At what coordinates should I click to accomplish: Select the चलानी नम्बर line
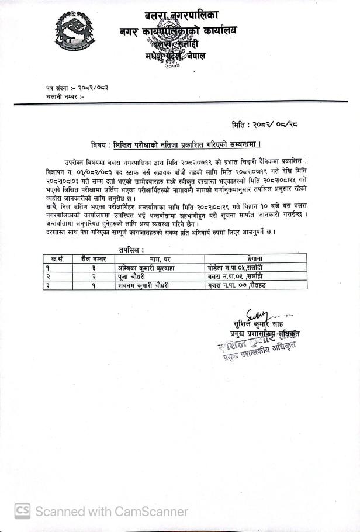click(x=65, y=96)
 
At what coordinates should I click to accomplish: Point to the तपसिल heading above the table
click(x=131, y=250)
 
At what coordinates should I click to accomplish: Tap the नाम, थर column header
click(x=160, y=258)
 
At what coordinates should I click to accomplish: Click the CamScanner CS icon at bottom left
click(x=23, y=512)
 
